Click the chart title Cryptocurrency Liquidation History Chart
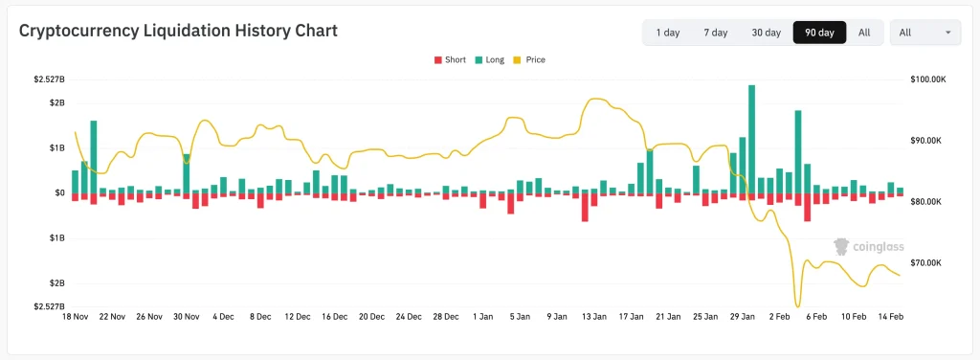[x=179, y=32]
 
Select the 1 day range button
[x=668, y=33]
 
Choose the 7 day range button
[x=716, y=33]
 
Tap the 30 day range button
[x=767, y=33]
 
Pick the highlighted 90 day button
[x=819, y=33]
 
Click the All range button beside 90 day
[x=864, y=33]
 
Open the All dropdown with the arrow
[x=925, y=33]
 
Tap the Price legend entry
[x=528, y=59]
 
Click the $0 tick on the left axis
[x=59, y=192]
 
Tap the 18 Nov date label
[x=75, y=316]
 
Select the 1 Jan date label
[x=484, y=316]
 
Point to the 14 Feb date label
[x=891, y=316]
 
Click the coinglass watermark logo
[x=868, y=247]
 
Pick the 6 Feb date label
[x=814, y=316]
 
